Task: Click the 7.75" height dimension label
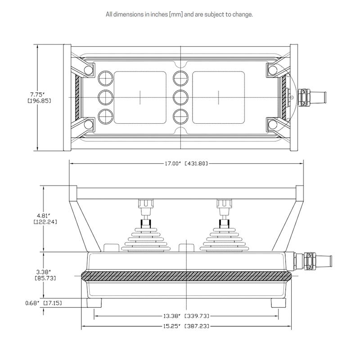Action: coord(36,94)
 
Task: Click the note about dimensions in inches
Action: coord(179,14)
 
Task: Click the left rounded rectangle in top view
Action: coord(141,97)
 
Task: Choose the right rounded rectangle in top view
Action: coord(218,97)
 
